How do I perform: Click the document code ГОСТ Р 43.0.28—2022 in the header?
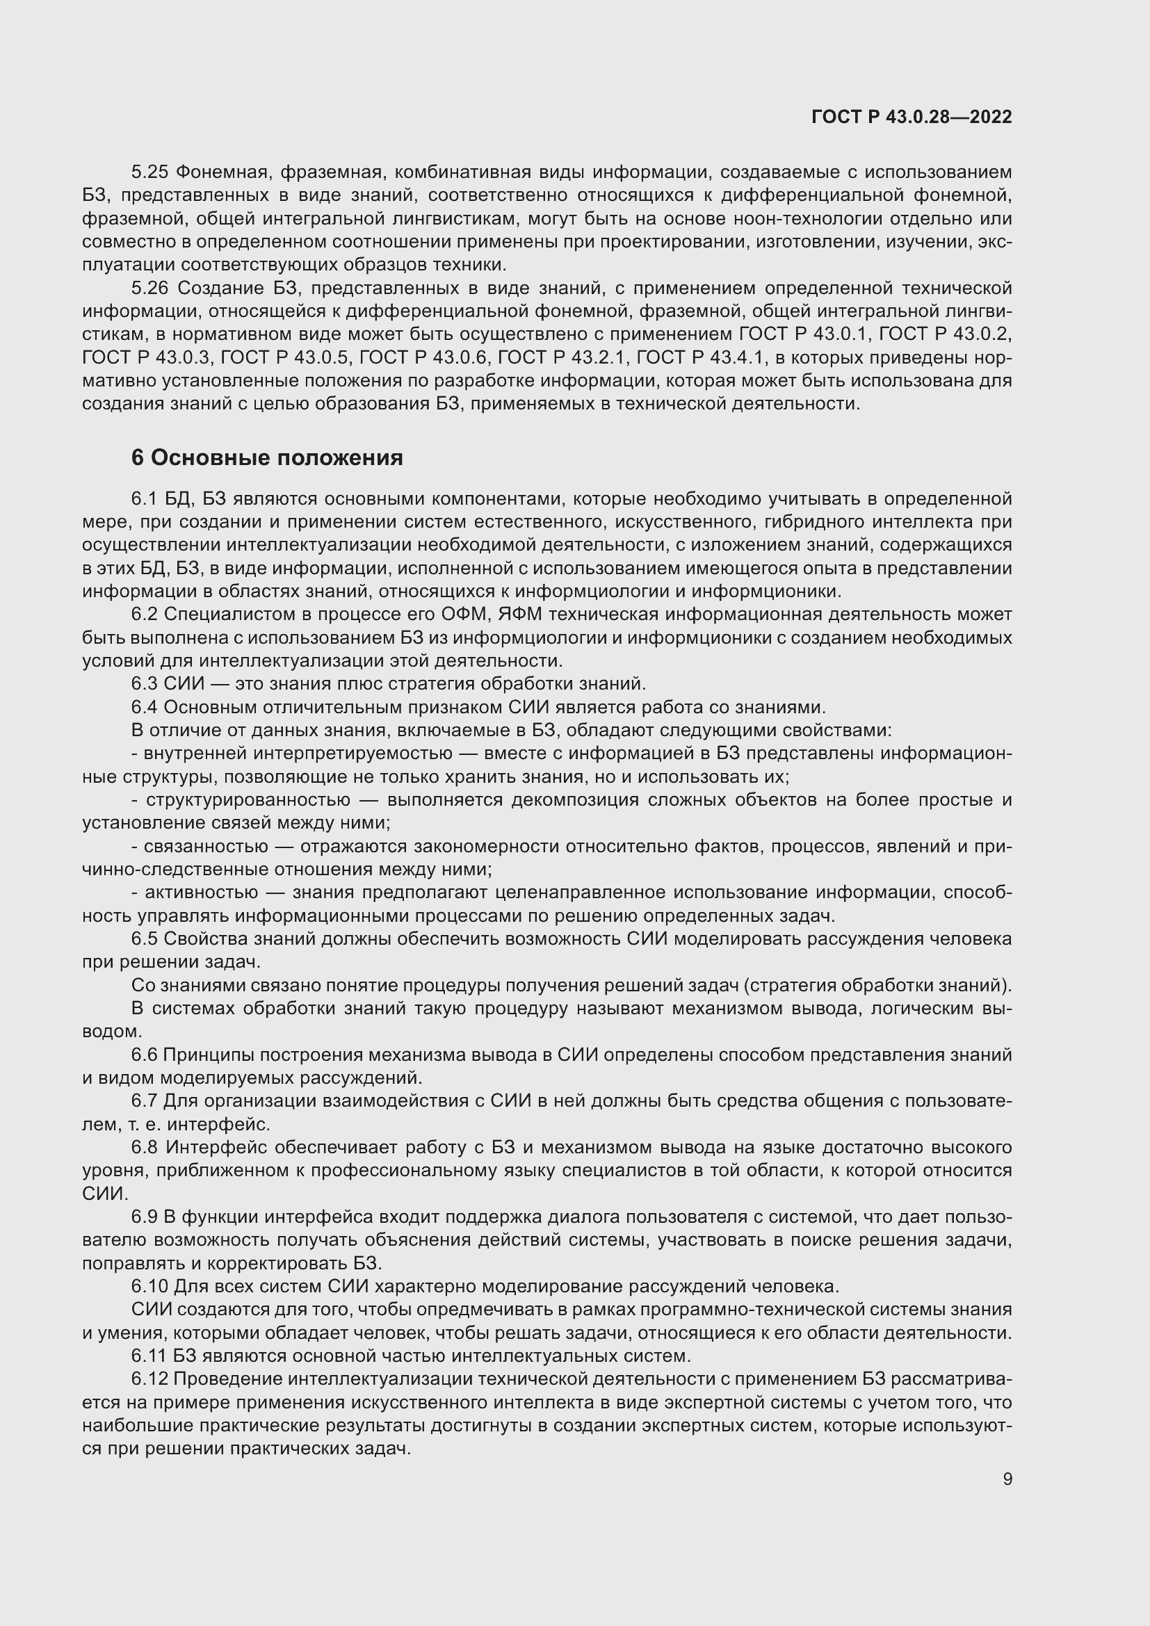pos(912,117)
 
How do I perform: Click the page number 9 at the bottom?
pos(1007,1479)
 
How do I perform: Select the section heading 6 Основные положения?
pos(267,458)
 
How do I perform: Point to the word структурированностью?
pos(248,799)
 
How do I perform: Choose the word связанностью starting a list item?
pos(206,846)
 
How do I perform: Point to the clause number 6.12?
pos(149,1379)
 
